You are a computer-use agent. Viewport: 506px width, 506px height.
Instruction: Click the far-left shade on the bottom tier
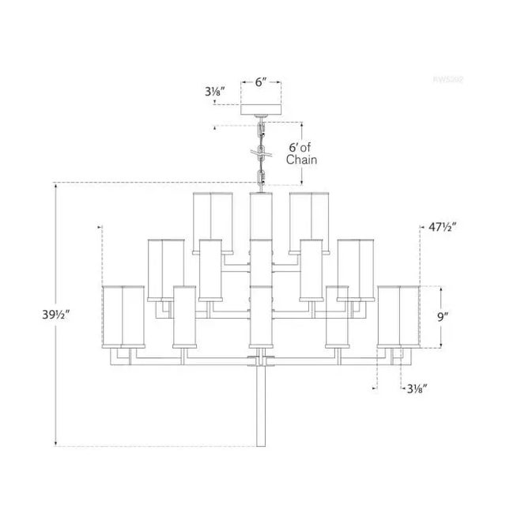pos(121,315)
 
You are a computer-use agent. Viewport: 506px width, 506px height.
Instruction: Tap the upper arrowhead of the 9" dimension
pos(440,288)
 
